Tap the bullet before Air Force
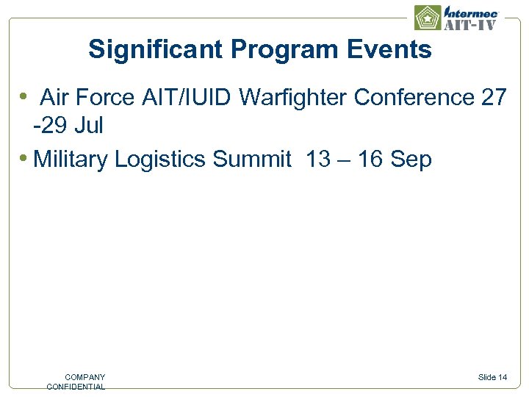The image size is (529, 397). pyautogui.click(x=24, y=96)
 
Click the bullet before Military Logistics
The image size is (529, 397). pyautogui.click(x=24, y=158)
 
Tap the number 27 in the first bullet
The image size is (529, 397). pyautogui.click(x=494, y=97)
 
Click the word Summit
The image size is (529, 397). pyautogui.click(x=251, y=159)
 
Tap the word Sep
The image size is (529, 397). pyautogui.click(x=411, y=159)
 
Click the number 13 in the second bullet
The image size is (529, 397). pyautogui.click(x=317, y=159)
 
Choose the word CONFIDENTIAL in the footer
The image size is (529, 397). pyautogui.click(x=76, y=387)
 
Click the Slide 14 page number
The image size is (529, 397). pyautogui.click(x=492, y=377)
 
